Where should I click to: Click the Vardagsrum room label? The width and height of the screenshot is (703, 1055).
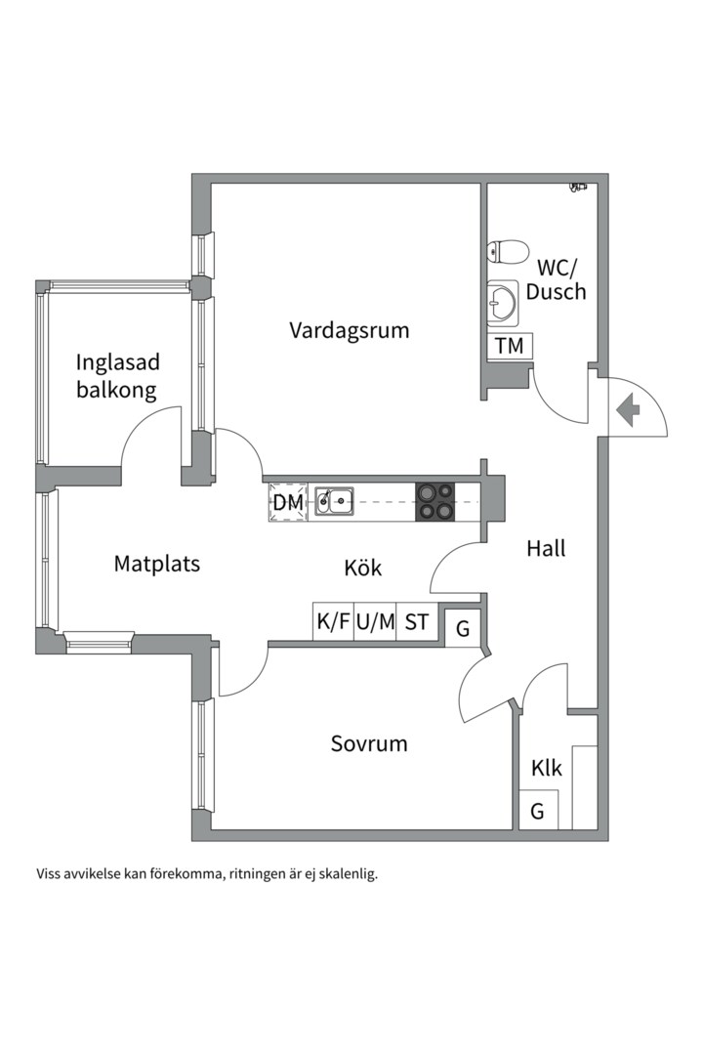click(x=349, y=330)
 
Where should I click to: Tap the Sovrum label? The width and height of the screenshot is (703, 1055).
click(x=368, y=743)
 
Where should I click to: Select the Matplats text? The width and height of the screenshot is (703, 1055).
click(x=156, y=564)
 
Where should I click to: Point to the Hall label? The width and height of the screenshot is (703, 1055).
click(x=546, y=548)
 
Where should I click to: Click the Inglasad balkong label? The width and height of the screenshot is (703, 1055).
click(x=117, y=376)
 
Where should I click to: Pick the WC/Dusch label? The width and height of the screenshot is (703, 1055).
click(x=556, y=277)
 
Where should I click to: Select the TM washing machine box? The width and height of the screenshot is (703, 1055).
click(x=509, y=346)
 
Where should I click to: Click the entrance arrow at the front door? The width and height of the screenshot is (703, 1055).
click(x=627, y=409)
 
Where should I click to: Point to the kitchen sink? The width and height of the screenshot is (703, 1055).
click(x=333, y=502)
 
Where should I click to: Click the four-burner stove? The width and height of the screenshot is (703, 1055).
click(x=434, y=501)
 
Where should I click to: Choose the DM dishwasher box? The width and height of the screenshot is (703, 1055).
click(x=288, y=502)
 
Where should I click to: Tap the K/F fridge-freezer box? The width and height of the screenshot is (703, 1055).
click(x=333, y=621)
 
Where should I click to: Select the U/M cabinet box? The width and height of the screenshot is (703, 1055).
click(x=375, y=621)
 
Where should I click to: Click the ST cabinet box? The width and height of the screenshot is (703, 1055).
click(x=417, y=621)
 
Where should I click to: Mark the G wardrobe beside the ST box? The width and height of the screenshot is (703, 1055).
click(x=463, y=628)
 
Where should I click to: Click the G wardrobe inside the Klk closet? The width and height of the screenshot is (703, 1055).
click(x=537, y=811)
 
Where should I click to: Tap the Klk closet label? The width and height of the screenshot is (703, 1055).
click(x=546, y=769)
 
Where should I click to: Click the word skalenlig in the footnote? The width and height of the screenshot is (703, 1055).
click(x=345, y=872)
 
